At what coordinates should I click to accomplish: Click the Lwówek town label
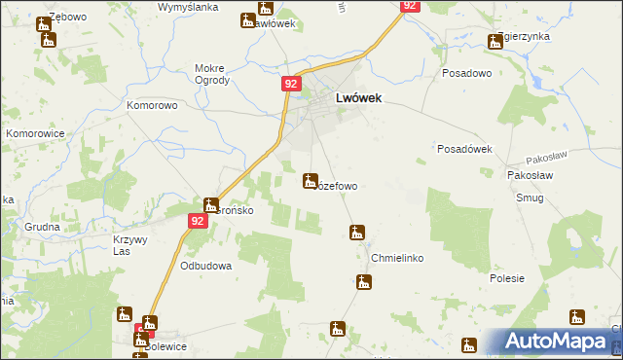click(357, 98)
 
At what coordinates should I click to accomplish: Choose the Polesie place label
click(507, 278)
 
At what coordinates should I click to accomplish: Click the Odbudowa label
click(205, 266)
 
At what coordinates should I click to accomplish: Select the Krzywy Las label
click(129, 245)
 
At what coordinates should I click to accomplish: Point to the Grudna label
click(44, 227)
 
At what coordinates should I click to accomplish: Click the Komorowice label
click(34, 132)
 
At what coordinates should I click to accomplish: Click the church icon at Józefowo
click(311, 180)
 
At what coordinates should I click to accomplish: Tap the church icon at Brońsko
click(210, 205)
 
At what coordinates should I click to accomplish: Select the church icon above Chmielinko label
click(357, 233)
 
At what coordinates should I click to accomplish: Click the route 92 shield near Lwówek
click(291, 85)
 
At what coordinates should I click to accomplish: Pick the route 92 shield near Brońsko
click(198, 222)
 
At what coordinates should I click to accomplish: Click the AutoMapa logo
click(559, 342)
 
